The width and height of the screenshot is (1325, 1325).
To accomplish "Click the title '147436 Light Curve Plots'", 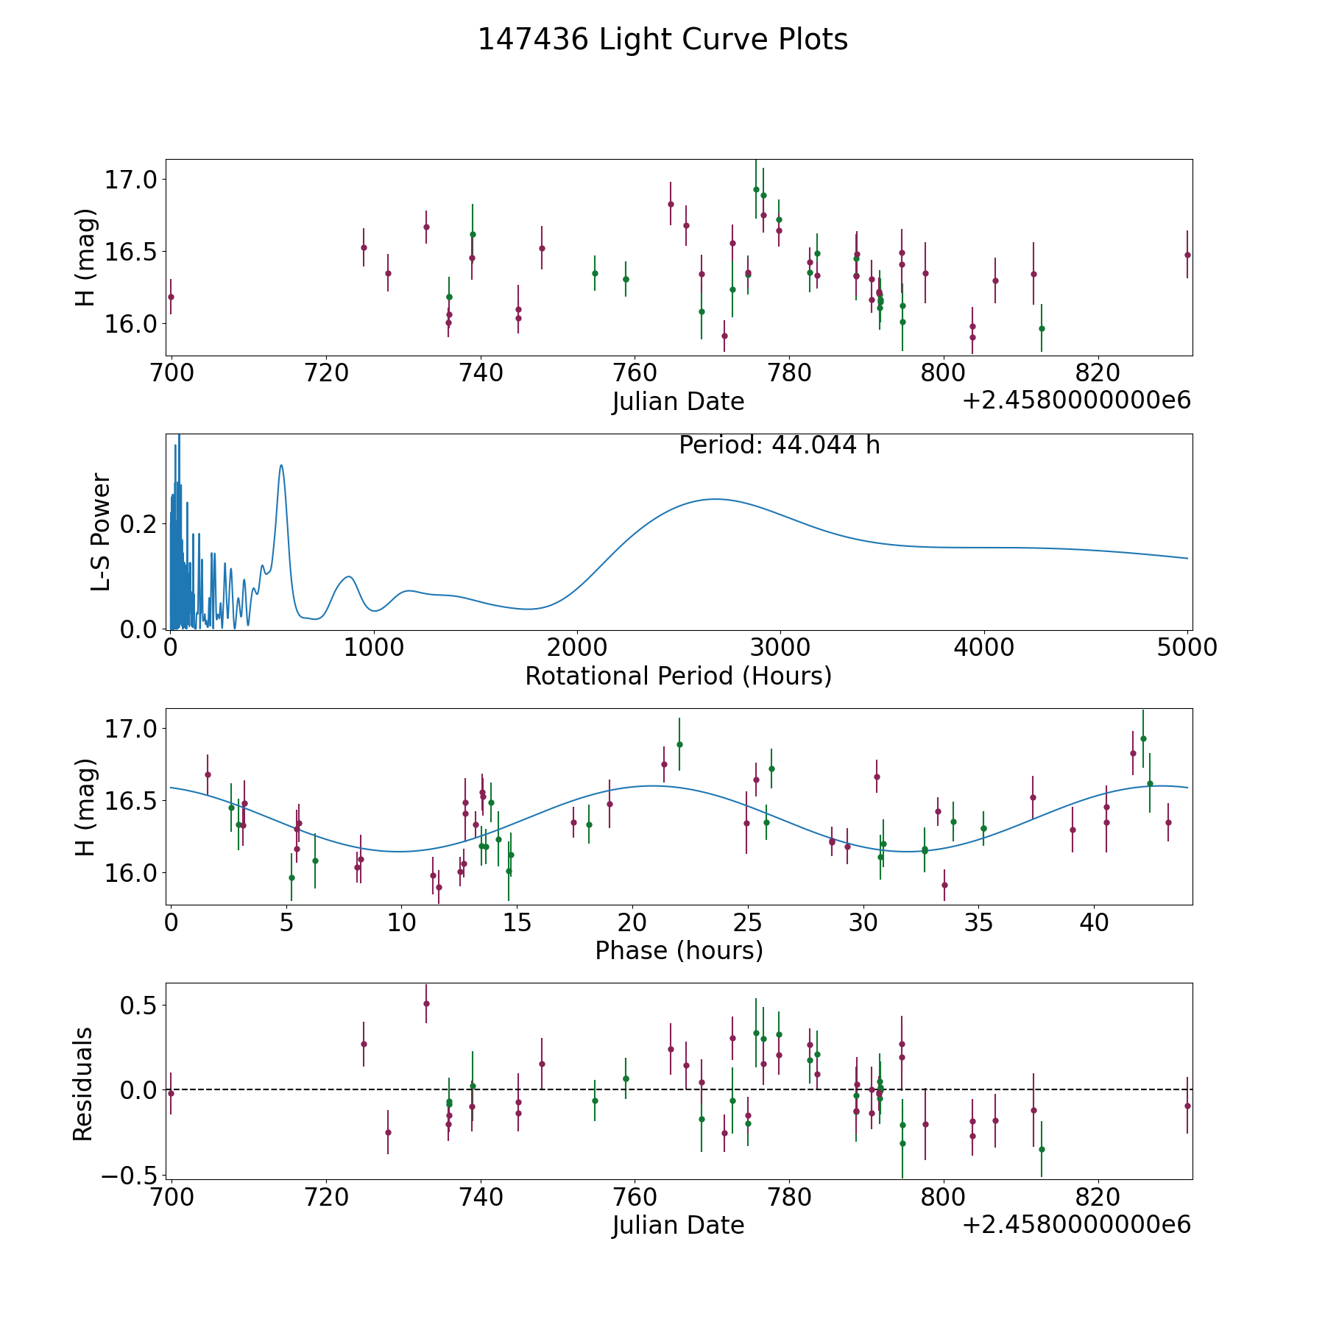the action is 662,40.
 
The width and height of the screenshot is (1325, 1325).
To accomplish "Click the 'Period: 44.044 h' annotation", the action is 779,445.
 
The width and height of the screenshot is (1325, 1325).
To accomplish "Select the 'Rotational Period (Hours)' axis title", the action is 678,676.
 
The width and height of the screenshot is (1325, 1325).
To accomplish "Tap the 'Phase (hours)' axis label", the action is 679,950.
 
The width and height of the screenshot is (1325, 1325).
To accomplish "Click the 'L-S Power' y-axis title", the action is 102,531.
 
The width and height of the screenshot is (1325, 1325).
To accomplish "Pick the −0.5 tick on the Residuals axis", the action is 132,1175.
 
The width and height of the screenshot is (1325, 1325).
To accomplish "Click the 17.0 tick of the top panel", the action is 132,180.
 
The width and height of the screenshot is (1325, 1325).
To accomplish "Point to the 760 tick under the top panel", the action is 635,373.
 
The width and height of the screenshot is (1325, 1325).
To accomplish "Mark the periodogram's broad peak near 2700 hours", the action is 714,499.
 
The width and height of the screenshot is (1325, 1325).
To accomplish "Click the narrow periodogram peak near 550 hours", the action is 281,465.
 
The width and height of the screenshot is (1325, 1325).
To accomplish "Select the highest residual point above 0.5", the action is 426,1003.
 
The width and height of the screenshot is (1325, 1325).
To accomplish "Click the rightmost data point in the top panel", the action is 1187,255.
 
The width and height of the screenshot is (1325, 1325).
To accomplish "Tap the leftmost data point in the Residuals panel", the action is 171,1093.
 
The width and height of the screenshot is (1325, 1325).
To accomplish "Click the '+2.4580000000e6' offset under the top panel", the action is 1076,401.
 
